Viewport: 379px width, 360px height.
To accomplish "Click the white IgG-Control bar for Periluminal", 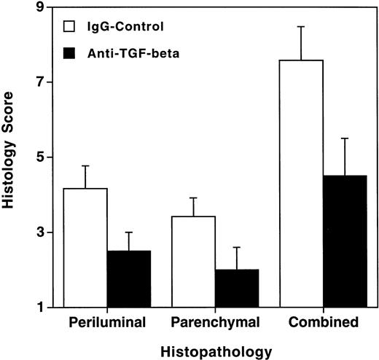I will coord(85,248).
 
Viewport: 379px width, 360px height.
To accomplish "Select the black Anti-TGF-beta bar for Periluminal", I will coord(129,279).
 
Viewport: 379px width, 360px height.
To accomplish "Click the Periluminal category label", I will coord(107,321).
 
